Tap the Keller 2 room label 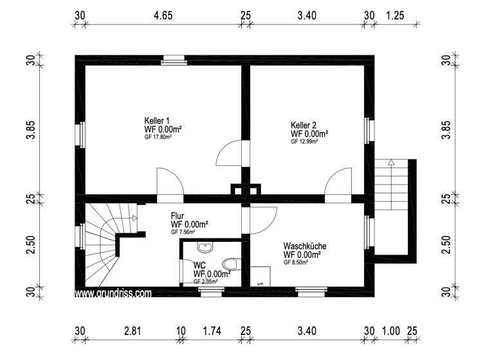pos(304,125)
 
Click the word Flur pos(178,215)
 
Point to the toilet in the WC pos(230,264)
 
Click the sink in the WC pos(205,247)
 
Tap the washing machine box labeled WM pos(261,276)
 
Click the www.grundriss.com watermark pos(113,292)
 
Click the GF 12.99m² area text pos(304,141)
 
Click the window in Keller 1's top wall pos(172,60)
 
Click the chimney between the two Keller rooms pos(246,189)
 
